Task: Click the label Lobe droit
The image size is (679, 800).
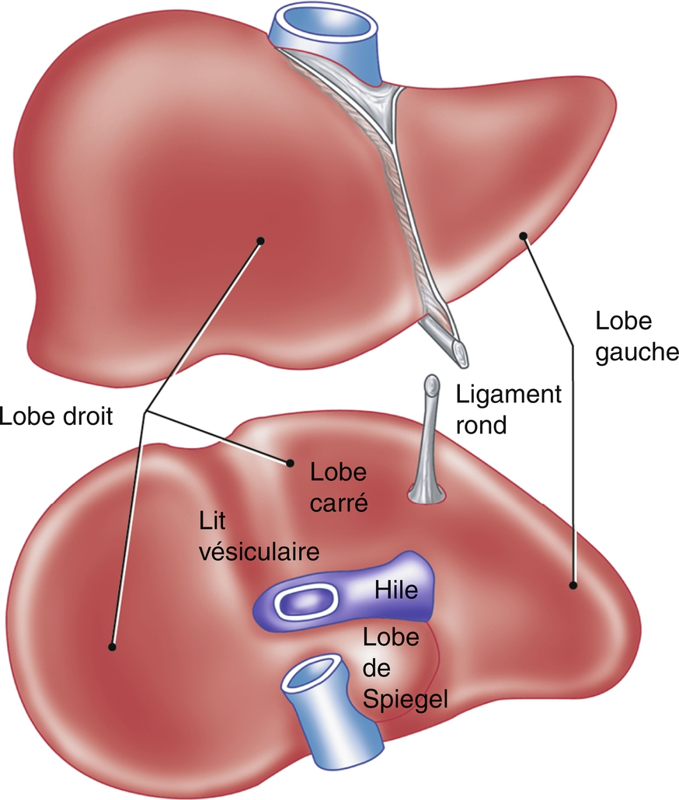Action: (57, 416)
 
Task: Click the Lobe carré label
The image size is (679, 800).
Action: (338, 487)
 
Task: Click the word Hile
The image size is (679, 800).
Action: (396, 591)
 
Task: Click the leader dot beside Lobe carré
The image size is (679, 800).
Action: (290, 464)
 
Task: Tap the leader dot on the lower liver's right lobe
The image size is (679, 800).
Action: (113, 646)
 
